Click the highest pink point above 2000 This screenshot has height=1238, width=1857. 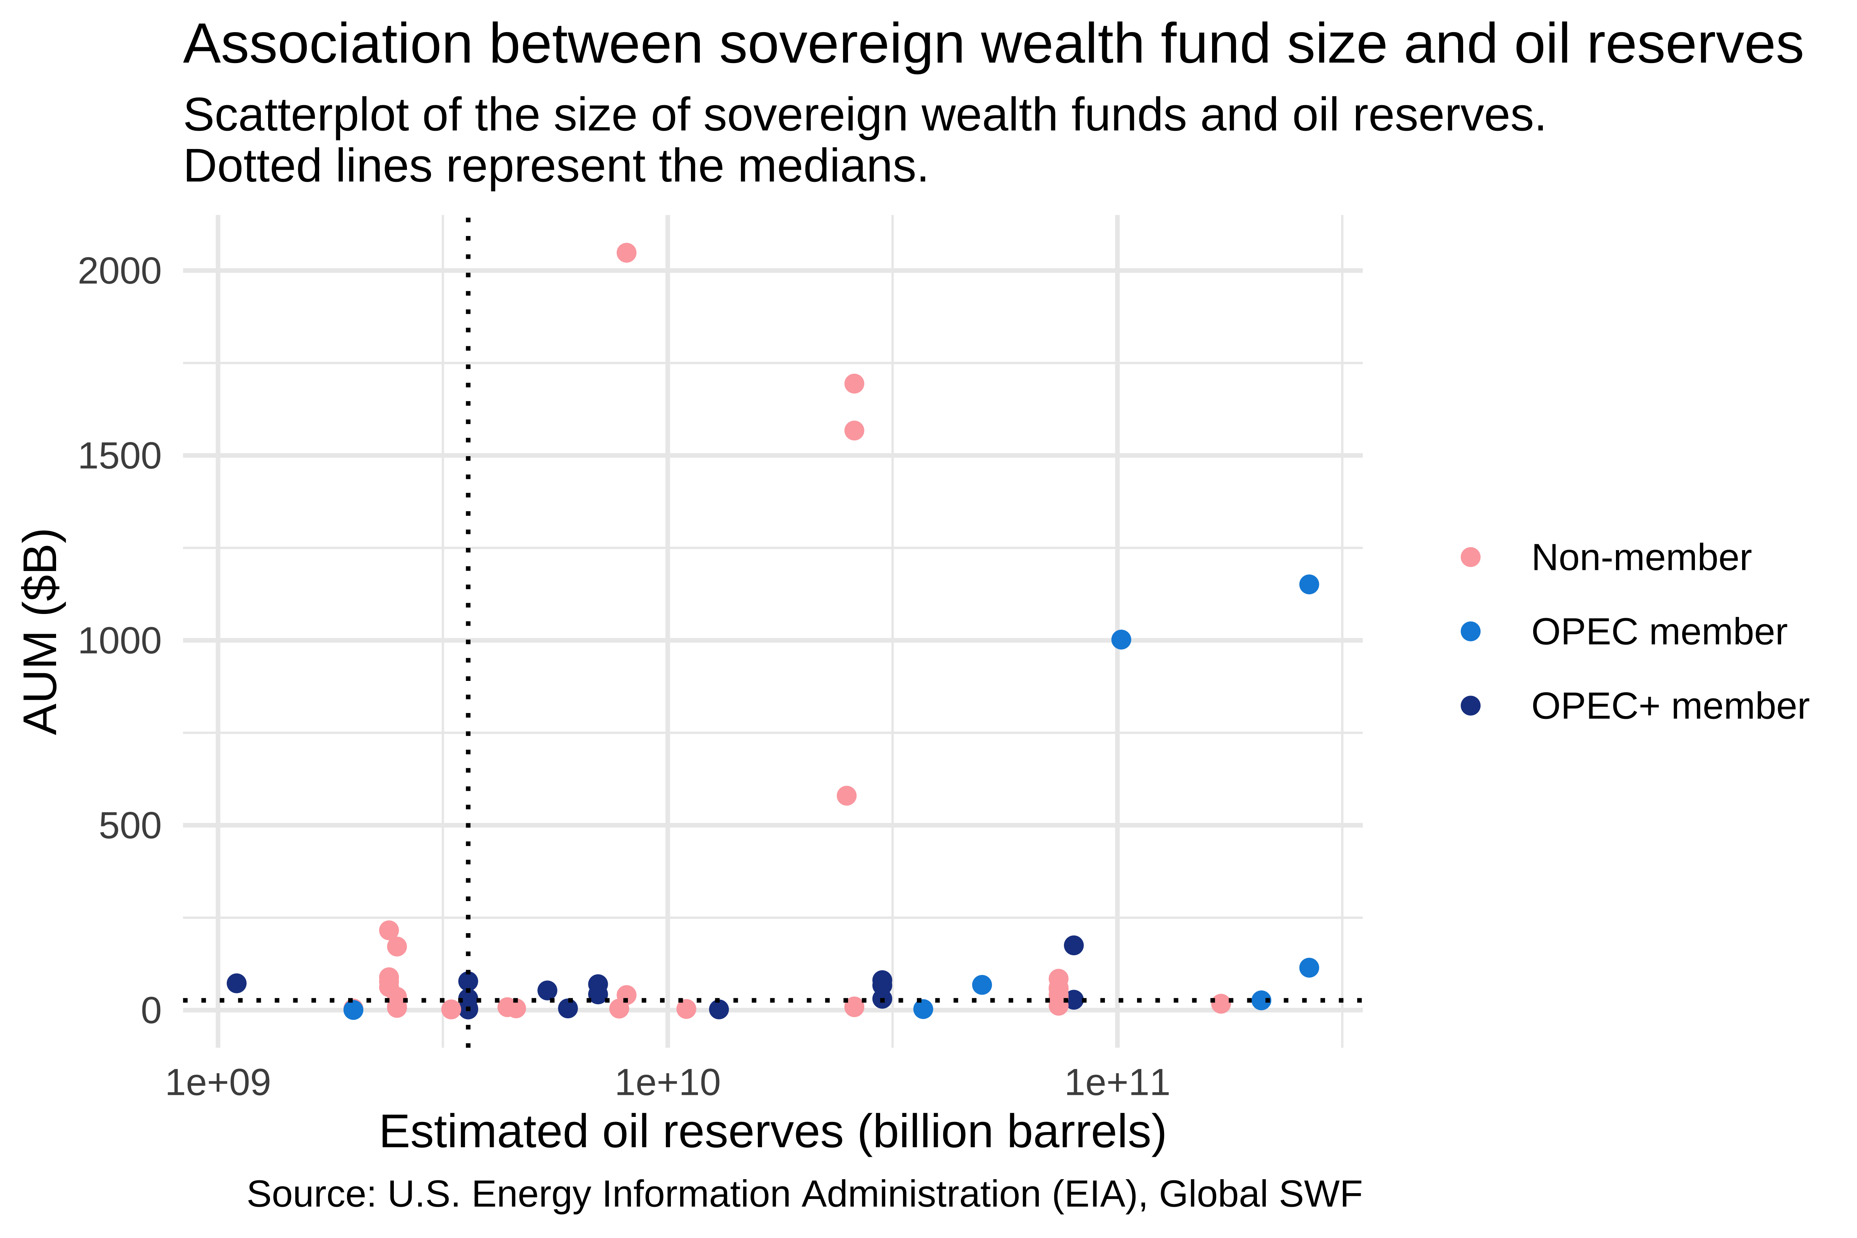coord(626,253)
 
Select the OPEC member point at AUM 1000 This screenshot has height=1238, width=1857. coord(1120,640)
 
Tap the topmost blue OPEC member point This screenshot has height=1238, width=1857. coord(1308,584)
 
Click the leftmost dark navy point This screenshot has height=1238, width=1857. coord(236,983)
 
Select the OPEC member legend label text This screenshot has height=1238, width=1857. coord(1658,632)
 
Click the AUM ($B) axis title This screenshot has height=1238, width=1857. coord(41,632)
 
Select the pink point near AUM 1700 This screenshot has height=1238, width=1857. coord(853,384)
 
